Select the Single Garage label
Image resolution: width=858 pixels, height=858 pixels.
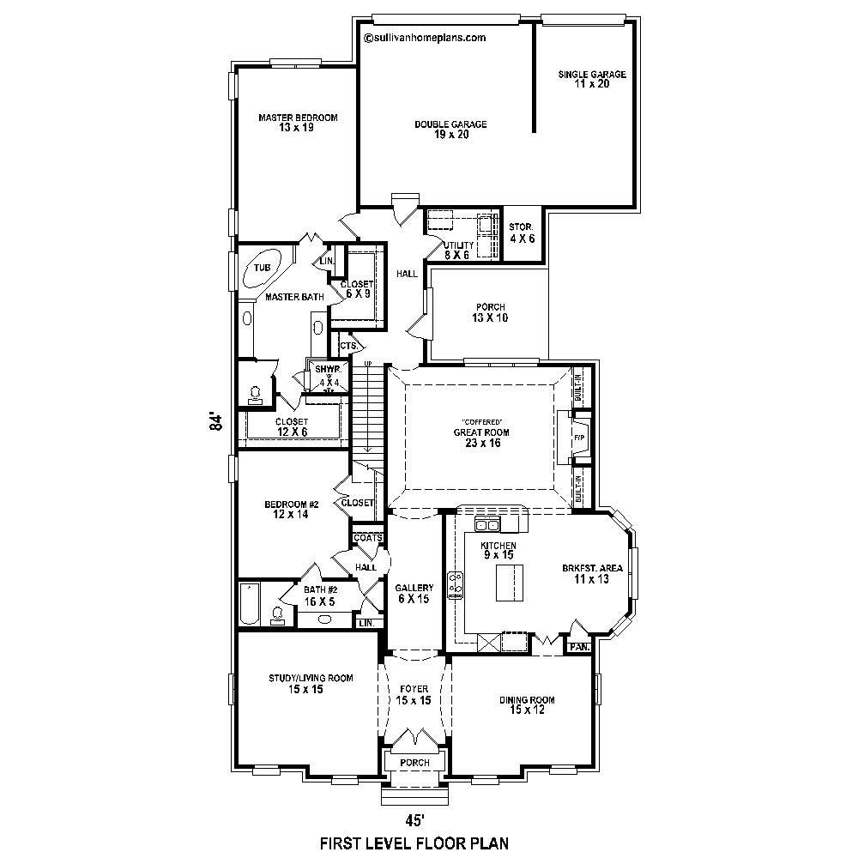tap(592, 79)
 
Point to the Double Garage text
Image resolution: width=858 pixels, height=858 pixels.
tap(450, 129)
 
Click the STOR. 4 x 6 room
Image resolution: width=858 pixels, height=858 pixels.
tap(522, 233)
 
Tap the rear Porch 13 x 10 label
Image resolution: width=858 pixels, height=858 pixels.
tap(490, 312)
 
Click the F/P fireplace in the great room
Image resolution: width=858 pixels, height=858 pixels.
tap(579, 438)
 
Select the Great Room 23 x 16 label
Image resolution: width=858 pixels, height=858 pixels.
tap(477, 438)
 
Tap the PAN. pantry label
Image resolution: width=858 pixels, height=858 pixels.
tap(578, 646)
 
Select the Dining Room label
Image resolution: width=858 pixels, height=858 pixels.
tap(527, 705)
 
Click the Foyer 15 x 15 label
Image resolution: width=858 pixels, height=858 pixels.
tap(413, 695)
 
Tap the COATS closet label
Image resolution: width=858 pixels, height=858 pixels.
tap(367, 538)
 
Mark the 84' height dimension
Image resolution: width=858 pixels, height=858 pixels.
tap(217, 422)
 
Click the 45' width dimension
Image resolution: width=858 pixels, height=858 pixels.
tap(414, 819)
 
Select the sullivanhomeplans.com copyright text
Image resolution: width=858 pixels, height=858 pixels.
tap(426, 38)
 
